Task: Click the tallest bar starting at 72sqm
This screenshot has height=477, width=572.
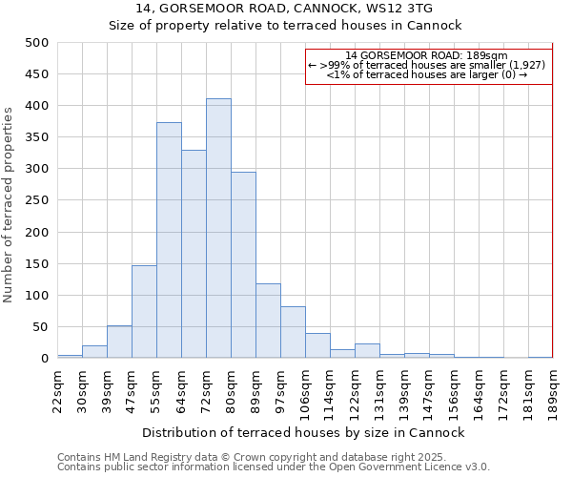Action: (218, 229)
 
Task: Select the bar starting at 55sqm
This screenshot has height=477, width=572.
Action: (169, 240)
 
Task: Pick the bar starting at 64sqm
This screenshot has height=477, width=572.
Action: (194, 254)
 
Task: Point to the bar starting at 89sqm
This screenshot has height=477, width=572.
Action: (268, 321)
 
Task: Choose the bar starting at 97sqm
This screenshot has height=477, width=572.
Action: (293, 332)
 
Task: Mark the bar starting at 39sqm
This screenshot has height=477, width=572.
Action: (119, 342)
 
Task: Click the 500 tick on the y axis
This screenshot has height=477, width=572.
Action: (37, 43)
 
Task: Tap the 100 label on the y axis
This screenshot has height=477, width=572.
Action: (37, 296)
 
